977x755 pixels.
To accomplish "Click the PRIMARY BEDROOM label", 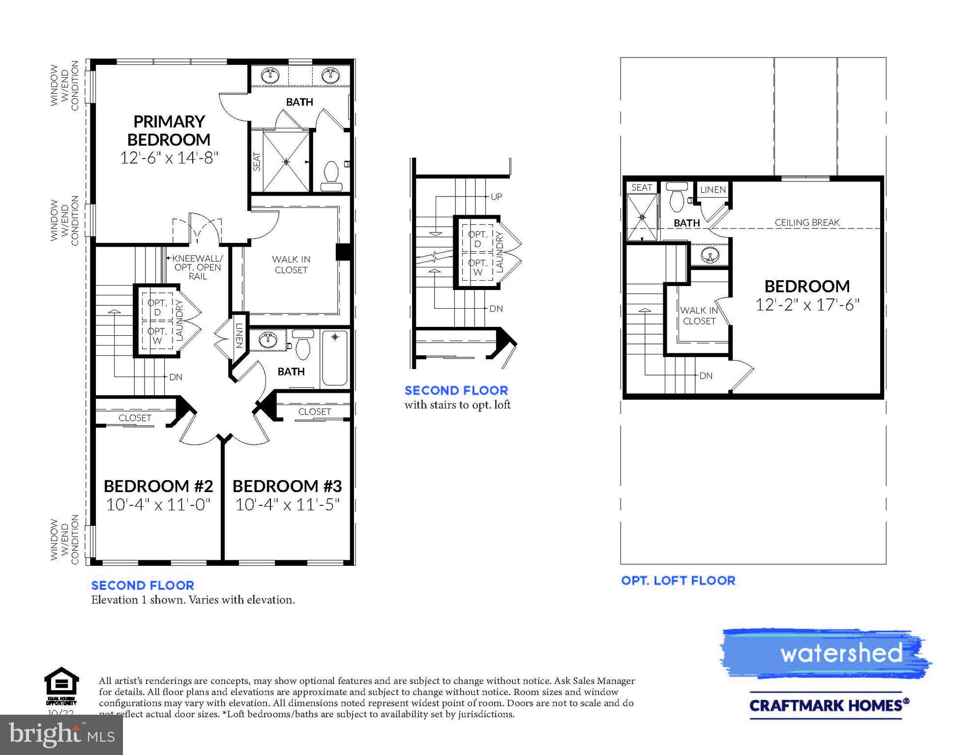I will [169, 130].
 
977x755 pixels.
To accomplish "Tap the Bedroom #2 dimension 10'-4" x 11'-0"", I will [158, 505].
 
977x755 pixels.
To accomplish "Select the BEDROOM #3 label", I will [287, 486].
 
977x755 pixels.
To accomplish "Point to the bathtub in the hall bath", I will [335, 358].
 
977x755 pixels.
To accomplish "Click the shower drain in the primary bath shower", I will [286, 161].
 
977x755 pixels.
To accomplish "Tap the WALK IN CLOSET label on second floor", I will [291, 264].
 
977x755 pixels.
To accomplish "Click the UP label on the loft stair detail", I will [496, 197].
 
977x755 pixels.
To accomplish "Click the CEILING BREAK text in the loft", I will [807, 223].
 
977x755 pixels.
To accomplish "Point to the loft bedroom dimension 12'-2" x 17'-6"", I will [807, 305].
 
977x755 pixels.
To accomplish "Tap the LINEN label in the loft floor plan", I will [712, 190].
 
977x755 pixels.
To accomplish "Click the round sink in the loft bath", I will [710, 255].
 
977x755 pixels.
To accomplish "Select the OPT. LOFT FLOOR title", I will [678, 581].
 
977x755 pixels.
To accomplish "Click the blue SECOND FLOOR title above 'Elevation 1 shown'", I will [143, 585].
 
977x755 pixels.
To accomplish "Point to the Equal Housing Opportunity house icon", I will [61, 682].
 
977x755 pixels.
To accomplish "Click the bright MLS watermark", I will [61, 734].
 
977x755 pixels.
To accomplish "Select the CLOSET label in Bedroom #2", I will [135, 418].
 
